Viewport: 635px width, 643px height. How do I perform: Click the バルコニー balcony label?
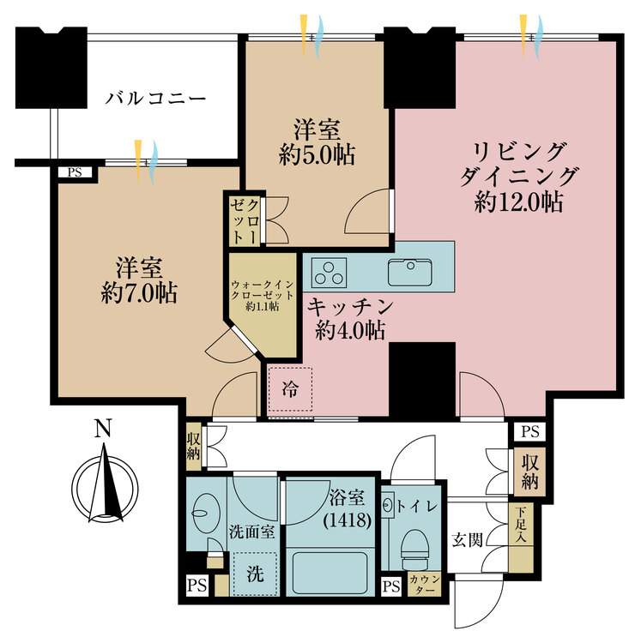pyautogui.click(x=155, y=99)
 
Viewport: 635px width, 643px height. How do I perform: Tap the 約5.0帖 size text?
pyautogui.click(x=317, y=155)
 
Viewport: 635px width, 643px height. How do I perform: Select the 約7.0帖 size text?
pyautogui.click(x=139, y=293)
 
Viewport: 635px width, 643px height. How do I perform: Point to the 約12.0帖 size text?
pyautogui.click(x=518, y=201)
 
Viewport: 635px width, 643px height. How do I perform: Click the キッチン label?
pyautogui.click(x=350, y=306)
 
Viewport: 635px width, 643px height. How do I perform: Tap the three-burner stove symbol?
pyautogui.click(x=329, y=273)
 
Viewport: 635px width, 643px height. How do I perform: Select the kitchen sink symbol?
pyautogui.click(x=409, y=273)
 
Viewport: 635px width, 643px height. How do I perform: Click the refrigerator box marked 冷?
pyautogui.click(x=290, y=389)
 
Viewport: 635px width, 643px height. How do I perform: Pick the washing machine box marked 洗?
pyautogui.click(x=255, y=574)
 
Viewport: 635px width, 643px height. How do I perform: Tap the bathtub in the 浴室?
pyautogui.click(x=330, y=573)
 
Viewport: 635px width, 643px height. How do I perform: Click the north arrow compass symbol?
pyautogui.click(x=105, y=488)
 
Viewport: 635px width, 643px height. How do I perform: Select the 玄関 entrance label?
pyautogui.click(x=467, y=539)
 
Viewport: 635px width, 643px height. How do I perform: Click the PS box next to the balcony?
pyautogui.click(x=75, y=171)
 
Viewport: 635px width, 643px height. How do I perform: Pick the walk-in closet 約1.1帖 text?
pyautogui.click(x=263, y=306)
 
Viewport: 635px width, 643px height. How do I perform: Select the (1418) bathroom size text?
pyautogui.click(x=348, y=520)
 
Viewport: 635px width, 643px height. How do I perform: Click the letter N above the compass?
pyautogui.click(x=103, y=428)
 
